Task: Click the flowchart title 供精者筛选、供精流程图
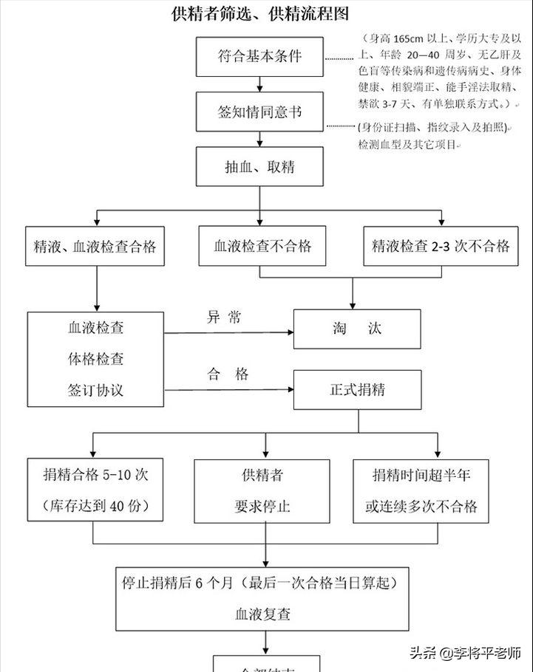click(x=259, y=13)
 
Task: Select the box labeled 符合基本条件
click(x=259, y=57)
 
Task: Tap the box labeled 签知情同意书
click(x=259, y=112)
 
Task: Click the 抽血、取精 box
click(x=259, y=167)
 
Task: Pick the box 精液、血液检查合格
click(x=95, y=246)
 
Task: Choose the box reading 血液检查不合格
click(x=262, y=246)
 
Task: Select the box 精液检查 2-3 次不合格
click(x=441, y=246)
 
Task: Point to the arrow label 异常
click(x=223, y=318)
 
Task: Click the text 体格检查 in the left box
click(x=95, y=360)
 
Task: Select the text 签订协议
click(x=95, y=391)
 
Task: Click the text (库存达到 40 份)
click(x=95, y=507)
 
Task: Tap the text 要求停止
click(x=262, y=507)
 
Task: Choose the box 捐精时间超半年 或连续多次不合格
click(x=421, y=490)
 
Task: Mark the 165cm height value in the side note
click(x=406, y=38)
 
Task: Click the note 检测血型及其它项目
click(x=407, y=145)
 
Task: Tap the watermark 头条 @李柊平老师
click(x=465, y=653)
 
